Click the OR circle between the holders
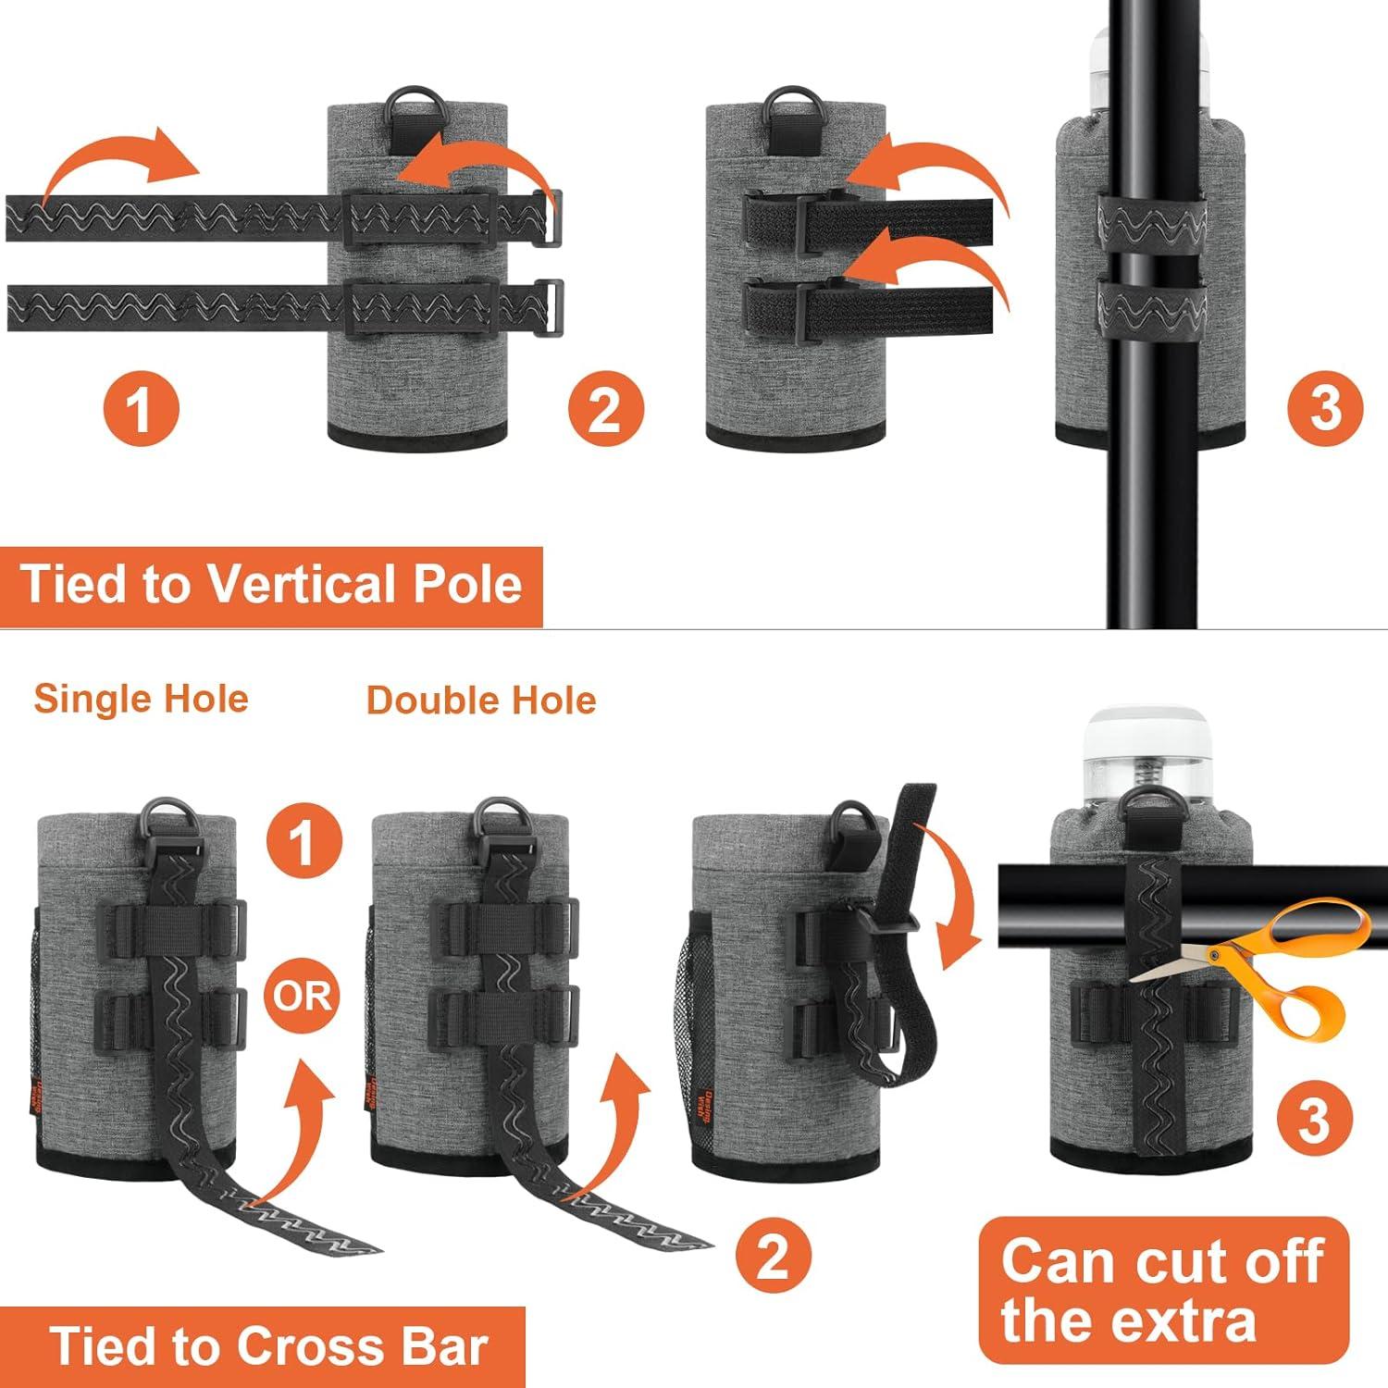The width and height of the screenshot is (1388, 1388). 302,996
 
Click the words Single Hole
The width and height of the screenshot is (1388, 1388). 142,699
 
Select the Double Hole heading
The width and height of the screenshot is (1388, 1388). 481,700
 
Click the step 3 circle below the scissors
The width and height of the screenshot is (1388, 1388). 1314,1119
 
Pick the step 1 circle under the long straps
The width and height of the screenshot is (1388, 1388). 140,408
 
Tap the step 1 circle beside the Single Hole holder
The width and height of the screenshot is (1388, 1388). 304,843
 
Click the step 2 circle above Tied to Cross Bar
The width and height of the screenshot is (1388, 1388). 774,1256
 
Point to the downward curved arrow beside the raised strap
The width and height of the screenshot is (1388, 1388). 958,888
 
